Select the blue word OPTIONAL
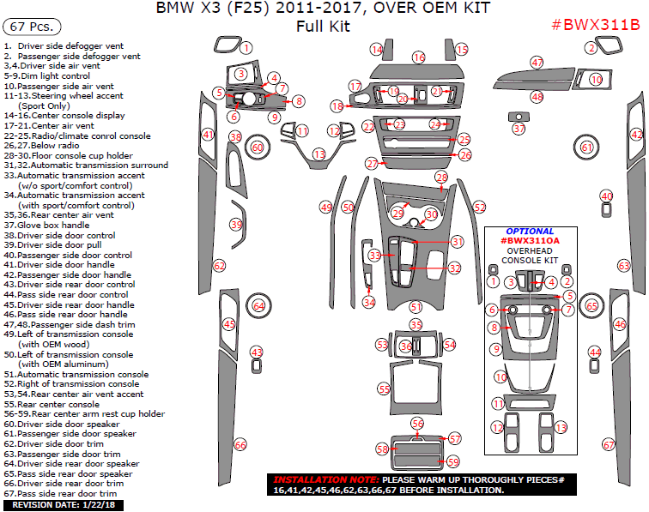pyautogui.click(x=529, y=232)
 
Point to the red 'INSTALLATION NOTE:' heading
pyautogui.click(x=326, y=479)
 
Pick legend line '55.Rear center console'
pyautogui.click(x=52, y=404)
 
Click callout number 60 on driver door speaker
pyautogui.click(x=257, y=148)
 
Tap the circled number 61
pyautogui.click(x=587, y=148)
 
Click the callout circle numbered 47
pyautogui.click(x=537, y=63)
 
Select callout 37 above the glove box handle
pyautogui.click(x=519, y=129)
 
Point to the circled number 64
pyautogui.click(x=258, y=305)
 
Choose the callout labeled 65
pyautogui.click(x=591, y=305)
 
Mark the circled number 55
pyautogui.click(x=385, y=389)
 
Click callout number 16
pyautogui.click(x=418, y=57)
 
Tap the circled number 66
pyautogui.click(x=240, y=444)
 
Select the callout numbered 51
pyautogui.click(x=415, y=306)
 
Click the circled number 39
pyautogui.click(x=236, y=224)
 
